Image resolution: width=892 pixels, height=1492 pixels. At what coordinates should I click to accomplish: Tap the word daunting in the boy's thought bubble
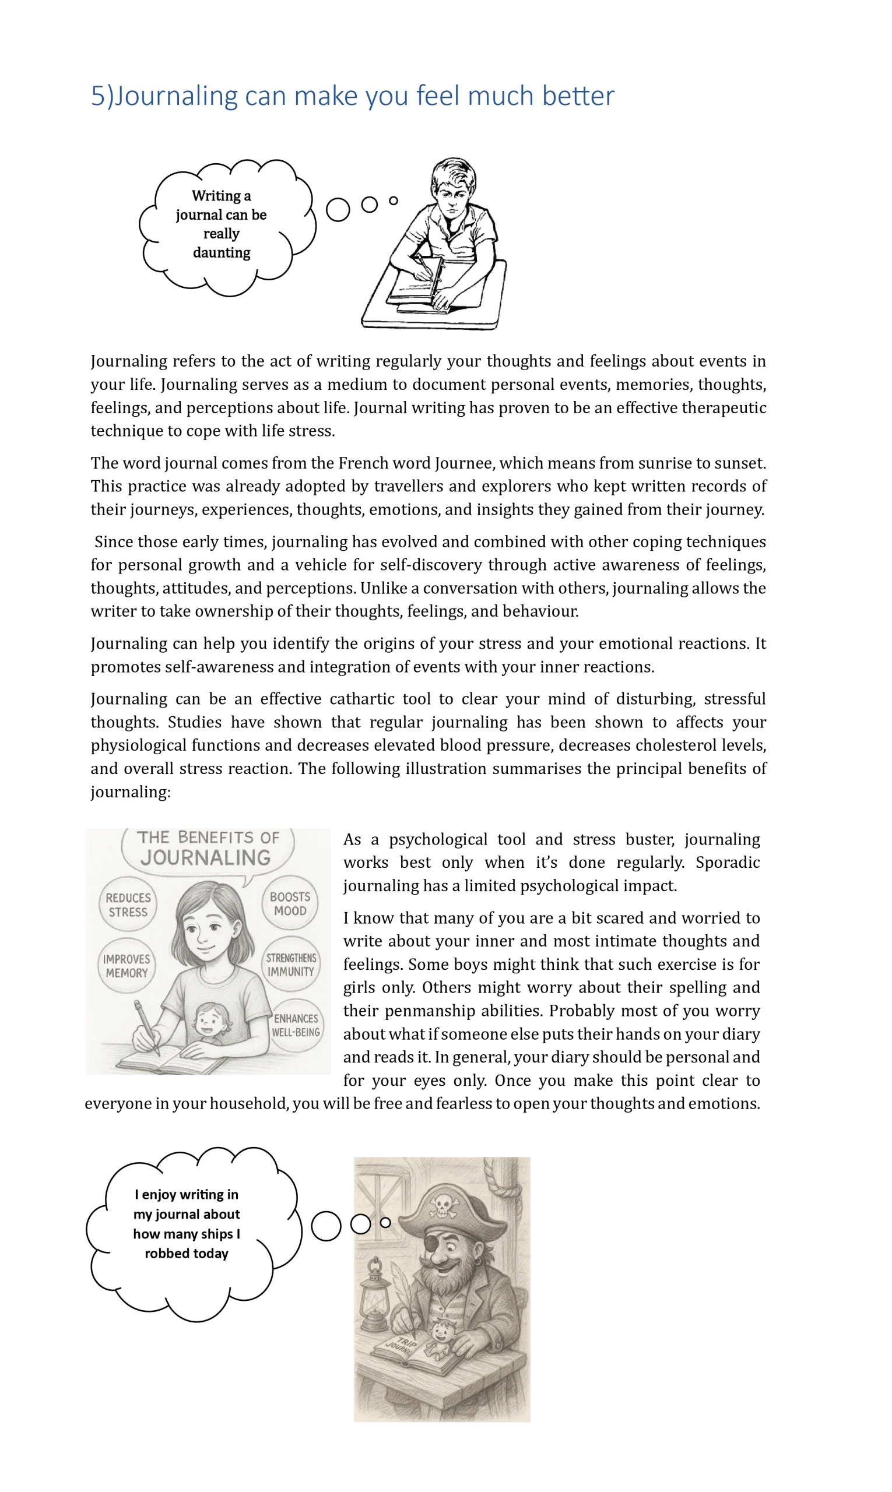click(221, 252)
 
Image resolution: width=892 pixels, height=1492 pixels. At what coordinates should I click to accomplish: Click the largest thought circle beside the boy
click(338, 210)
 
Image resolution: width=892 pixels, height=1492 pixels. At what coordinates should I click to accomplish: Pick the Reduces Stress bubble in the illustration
click(128, 905)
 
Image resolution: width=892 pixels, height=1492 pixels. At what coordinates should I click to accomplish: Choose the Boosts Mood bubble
click(290, 903)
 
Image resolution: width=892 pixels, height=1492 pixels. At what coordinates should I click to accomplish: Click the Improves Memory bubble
click(127, 966)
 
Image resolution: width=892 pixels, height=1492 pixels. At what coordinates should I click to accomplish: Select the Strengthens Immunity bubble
click(292, 965)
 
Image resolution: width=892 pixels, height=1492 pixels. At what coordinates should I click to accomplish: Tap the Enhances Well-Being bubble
click(296, 1025)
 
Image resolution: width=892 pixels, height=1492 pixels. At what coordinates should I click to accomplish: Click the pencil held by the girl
click(147, 1027)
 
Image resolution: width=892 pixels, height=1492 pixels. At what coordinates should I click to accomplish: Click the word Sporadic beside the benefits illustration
click(728, 863)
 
